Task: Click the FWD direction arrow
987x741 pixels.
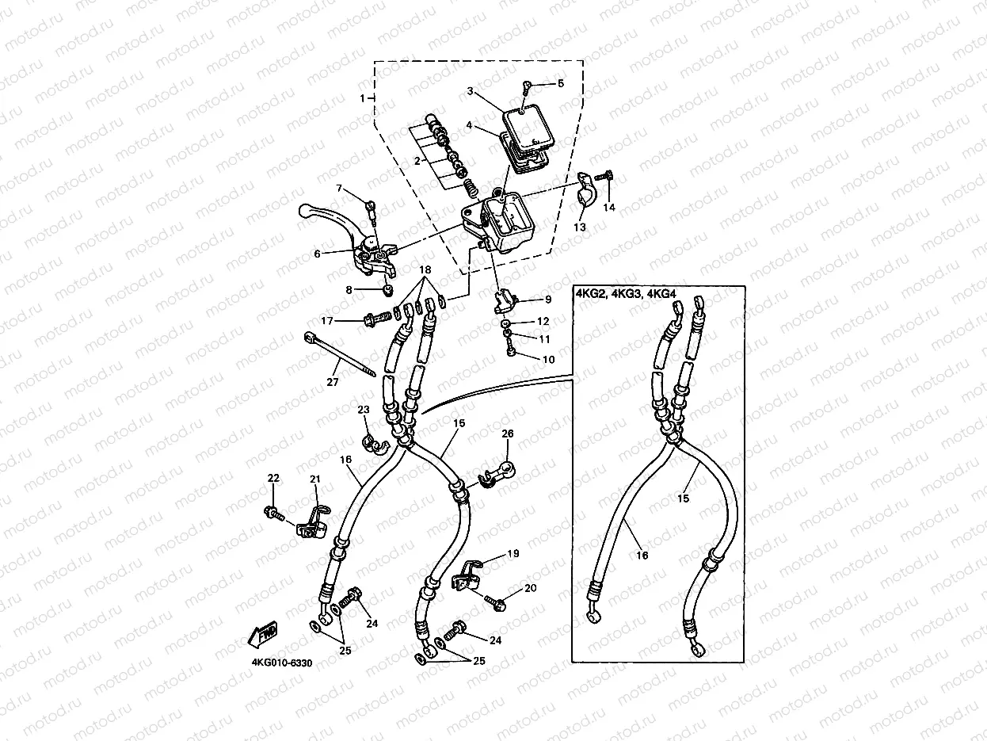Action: point(263,634)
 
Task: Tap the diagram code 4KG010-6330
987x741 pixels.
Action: point(282,663)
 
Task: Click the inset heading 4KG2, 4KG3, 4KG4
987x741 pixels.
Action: point(626,294)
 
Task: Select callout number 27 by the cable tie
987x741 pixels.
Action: point(332,382)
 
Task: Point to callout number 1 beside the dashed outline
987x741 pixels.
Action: point(363,97)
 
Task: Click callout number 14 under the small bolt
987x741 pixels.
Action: point(609,208)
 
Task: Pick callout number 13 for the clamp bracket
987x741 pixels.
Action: point(580,227)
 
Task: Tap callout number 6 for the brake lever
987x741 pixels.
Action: point(317,254)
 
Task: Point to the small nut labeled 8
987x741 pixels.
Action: point(387,290)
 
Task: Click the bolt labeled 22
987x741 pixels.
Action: point(274,513)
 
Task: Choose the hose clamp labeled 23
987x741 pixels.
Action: point(374,442)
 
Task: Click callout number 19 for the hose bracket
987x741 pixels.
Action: point(513,554)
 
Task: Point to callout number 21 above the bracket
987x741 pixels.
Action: point(315,479)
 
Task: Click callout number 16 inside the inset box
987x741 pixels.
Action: point(642,556)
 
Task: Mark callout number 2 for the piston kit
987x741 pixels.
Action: point(417,161)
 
